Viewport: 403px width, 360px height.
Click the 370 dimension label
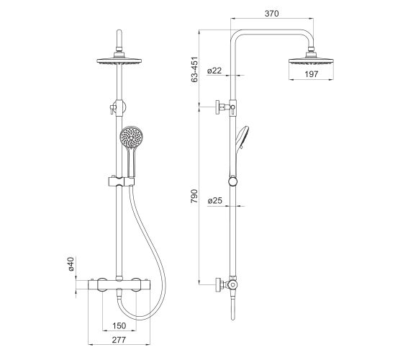[272, 14]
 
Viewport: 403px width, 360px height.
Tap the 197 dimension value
[311, 74]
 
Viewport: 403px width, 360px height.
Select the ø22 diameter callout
[214, 71]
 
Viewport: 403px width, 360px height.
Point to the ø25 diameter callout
[215, 200]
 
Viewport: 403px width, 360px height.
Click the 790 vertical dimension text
[194, 196]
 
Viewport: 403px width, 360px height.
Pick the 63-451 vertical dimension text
[194, 69]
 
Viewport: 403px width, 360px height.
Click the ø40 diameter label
[71, 264]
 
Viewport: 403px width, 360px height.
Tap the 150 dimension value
[119, 325]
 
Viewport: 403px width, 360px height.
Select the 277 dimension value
[119, 340]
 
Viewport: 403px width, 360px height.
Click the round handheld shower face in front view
[131, 137]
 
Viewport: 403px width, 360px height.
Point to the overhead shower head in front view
[119, 59]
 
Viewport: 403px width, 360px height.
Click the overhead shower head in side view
[311, 59]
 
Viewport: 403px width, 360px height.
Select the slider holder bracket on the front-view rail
[121, 181]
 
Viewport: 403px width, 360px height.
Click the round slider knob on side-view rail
[233, 181]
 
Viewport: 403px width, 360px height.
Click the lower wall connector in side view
[226, 285]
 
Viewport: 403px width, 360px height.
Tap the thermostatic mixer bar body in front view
[119, 284]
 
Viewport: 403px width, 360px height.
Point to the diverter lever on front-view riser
[112, 109]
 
